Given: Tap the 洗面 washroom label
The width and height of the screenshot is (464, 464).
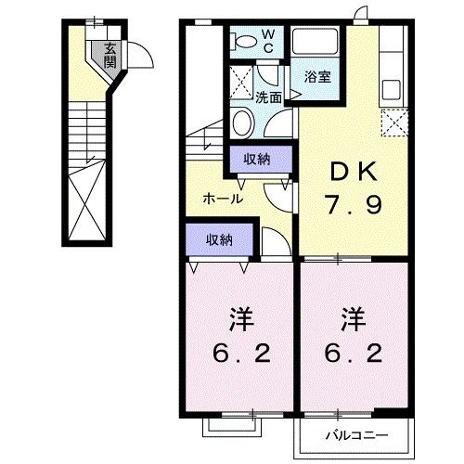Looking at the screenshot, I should (269, 96).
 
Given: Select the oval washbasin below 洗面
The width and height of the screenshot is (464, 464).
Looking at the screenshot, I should (244, 122).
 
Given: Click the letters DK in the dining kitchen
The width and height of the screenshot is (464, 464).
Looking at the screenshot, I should (351, 172).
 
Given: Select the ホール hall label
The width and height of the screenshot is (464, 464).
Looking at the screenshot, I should (224, 198).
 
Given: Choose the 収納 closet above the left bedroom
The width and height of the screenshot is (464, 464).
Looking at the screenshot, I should (220, 239).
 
